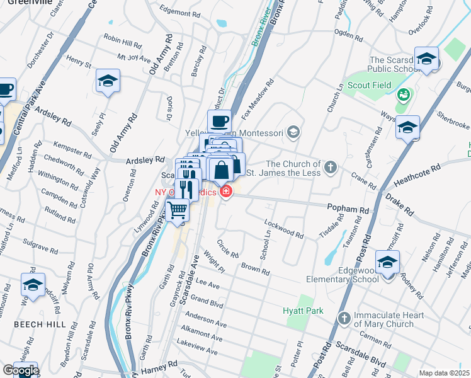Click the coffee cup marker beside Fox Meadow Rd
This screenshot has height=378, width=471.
219,120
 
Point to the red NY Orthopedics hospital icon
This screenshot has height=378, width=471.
225,191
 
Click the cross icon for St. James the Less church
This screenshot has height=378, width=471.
331,168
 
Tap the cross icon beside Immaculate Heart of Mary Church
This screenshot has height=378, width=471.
343,318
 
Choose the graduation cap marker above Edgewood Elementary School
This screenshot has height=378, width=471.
387,261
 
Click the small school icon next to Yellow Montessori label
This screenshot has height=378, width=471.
292,132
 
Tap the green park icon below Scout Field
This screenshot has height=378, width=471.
403,96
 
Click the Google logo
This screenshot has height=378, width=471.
20,370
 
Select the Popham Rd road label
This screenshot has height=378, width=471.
347,207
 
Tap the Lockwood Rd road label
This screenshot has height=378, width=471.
284,229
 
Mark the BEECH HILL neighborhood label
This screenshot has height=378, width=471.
30,323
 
